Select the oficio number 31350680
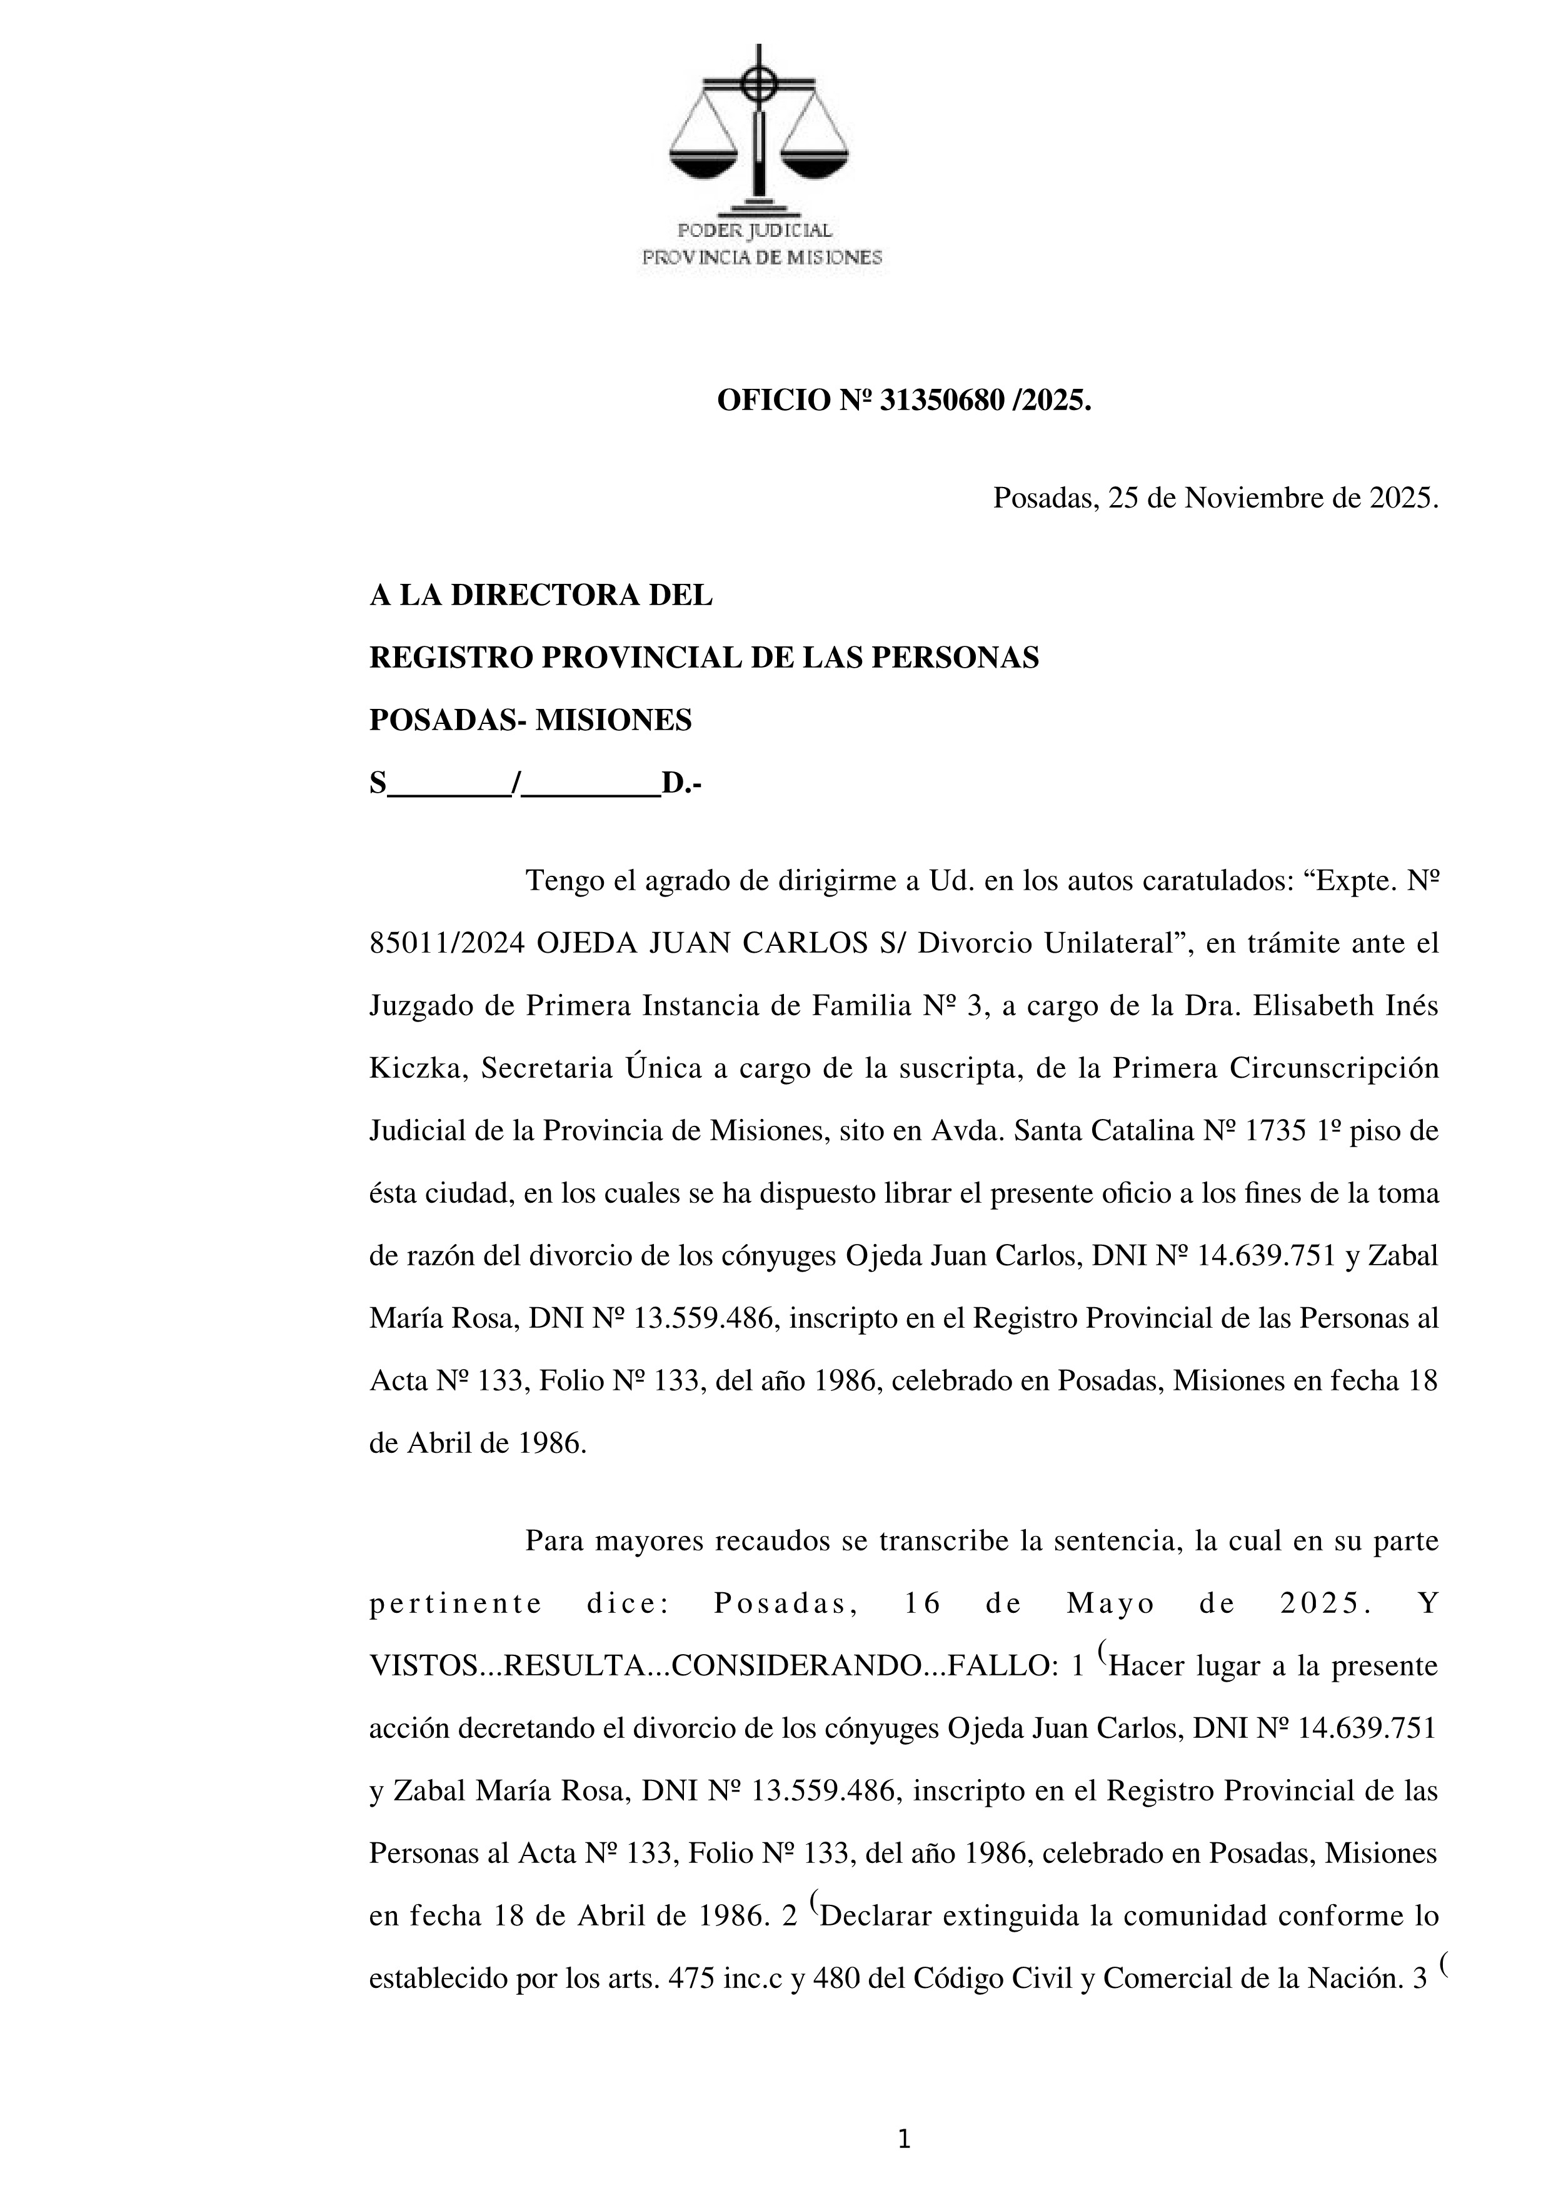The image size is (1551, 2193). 941,401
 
